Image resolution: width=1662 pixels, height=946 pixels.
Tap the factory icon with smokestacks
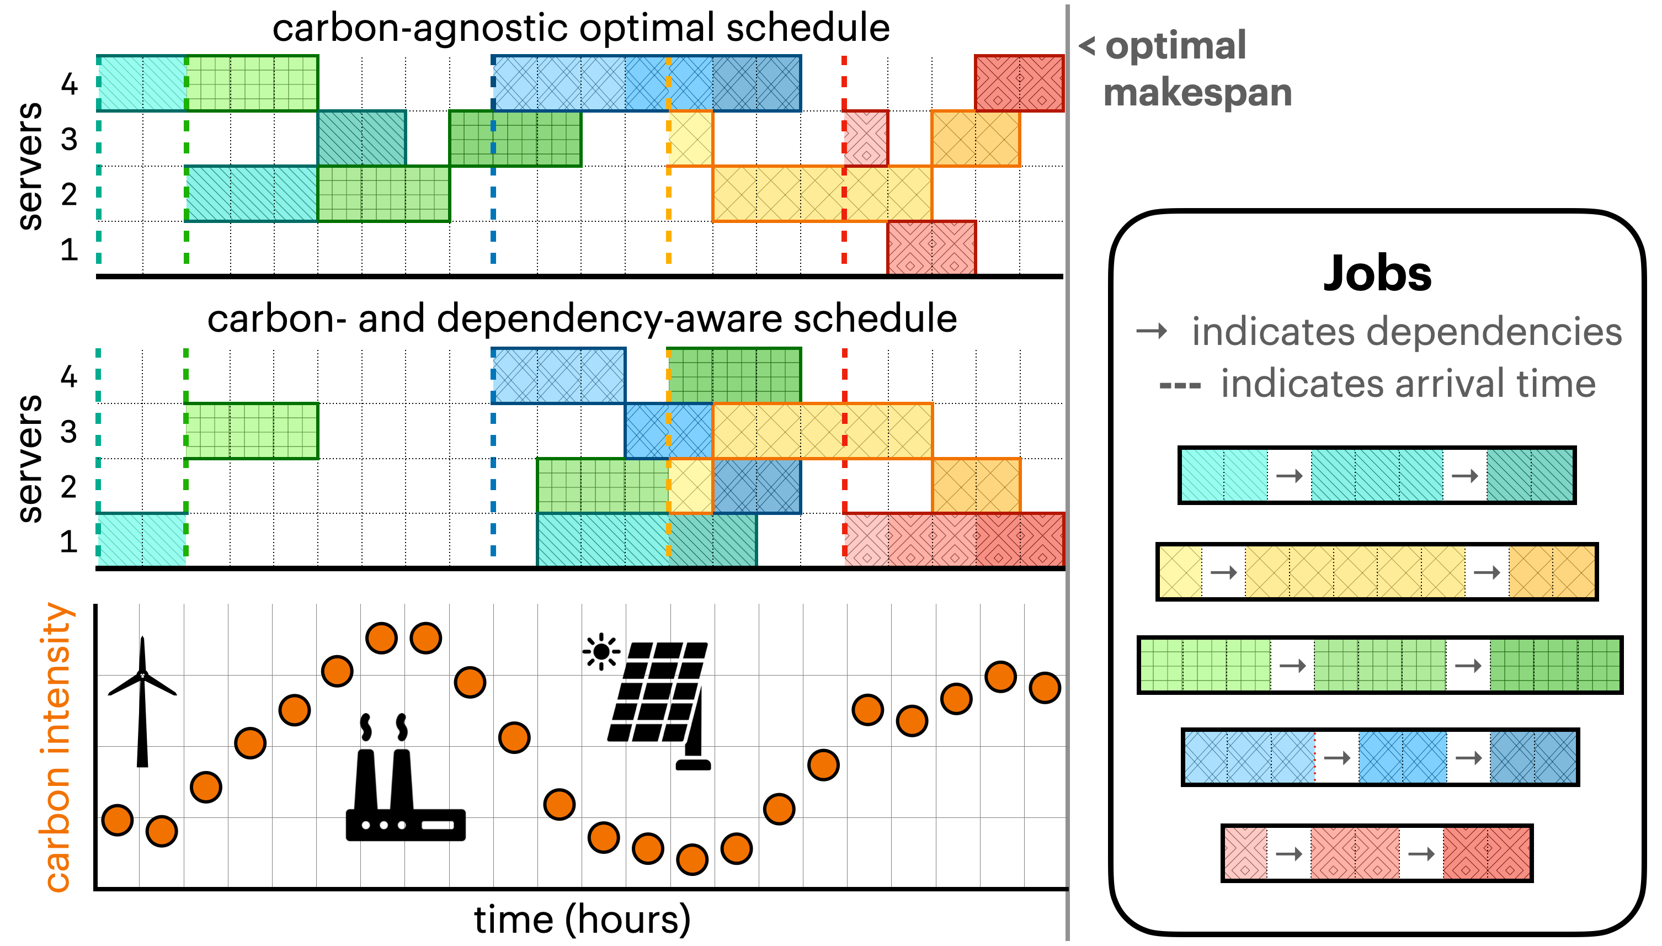pyautogui.click(x=405, y=780)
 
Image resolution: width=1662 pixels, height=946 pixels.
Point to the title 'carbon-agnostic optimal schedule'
pyautogui.click(x=580, y=28)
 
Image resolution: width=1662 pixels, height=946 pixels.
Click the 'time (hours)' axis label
pyautogui.click(x=582, y=920)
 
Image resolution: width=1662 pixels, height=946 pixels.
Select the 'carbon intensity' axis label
pyautogui.click(x=57, y=747)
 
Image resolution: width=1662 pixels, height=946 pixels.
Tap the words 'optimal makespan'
pyautogui.click(x=1189, y=69)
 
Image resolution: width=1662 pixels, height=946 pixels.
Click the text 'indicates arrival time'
pyautogui.click(x=1408, y=384)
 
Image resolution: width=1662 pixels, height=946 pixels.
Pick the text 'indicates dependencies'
pyautogui.click(x=1406, y=332)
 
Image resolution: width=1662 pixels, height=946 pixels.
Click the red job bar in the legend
pyautogui.click(x=1377, y=853)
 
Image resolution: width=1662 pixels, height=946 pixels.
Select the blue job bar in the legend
pyautogui.click(x=1380, y=758)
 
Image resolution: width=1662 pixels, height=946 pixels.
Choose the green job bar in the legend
pyautogui.click(x=1380, y=665)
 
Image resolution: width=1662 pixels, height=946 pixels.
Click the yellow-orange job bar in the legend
pyautogui.click(x=1377, y=572)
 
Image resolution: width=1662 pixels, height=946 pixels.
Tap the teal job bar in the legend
pyautogui.click(x=1377, y=475)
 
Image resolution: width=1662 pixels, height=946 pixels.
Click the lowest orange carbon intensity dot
pyautogui.click(x=692, y=859)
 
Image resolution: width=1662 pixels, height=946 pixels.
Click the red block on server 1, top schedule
pyautogui.click(x=931, y=248)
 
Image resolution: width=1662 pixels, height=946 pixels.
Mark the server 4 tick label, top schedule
pyautogui.click(x=69, y=84)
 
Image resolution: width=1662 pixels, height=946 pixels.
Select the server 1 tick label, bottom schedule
pyautogui.click(x=69, y=541)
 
